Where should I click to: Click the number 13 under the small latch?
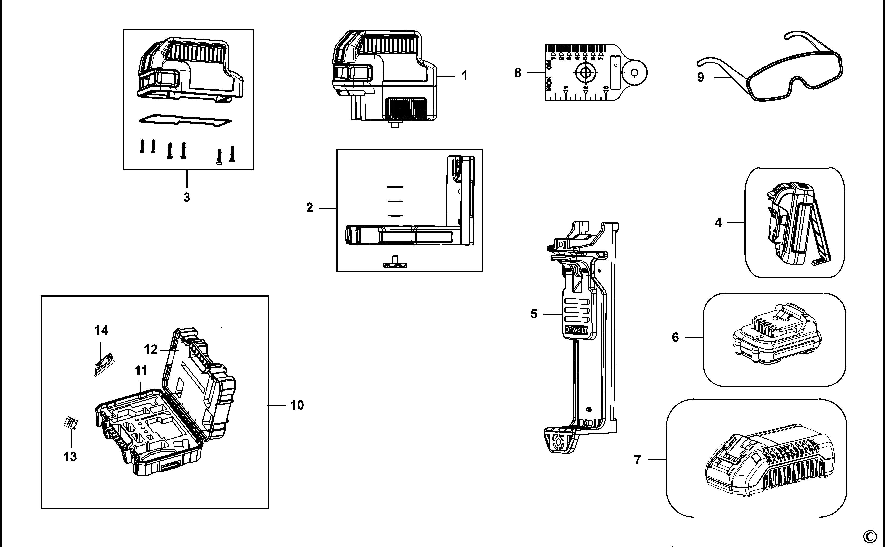(70, 457)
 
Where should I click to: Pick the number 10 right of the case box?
(297, 405)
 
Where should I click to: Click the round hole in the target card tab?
(634, 73)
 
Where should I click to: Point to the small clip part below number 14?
(104, 364)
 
